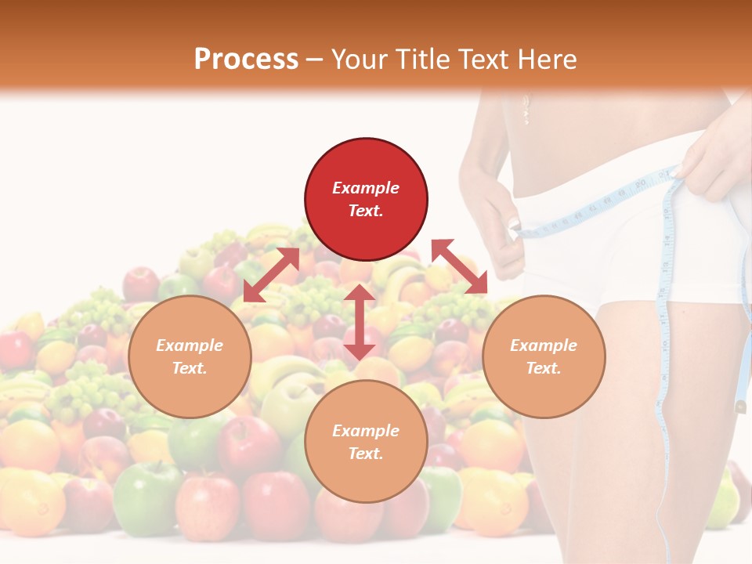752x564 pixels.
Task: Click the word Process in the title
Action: pos(246,60)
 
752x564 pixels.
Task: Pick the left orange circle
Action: pos(190,356)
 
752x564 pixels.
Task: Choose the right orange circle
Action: pos(544,356)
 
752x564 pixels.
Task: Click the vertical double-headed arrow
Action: pos(359,322)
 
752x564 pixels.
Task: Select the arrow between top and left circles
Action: pos(271,275)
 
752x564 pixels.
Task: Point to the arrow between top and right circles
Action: pos(460,266)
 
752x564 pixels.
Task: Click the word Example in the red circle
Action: pos(366,188)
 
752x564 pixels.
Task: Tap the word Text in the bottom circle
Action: pos(366,454)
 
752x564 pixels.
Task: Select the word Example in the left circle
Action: pos(190,345)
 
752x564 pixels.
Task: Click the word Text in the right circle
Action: pos(544,368)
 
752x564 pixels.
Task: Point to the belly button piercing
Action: pos(526,110)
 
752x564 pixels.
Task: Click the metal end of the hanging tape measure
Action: pos(740,407)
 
